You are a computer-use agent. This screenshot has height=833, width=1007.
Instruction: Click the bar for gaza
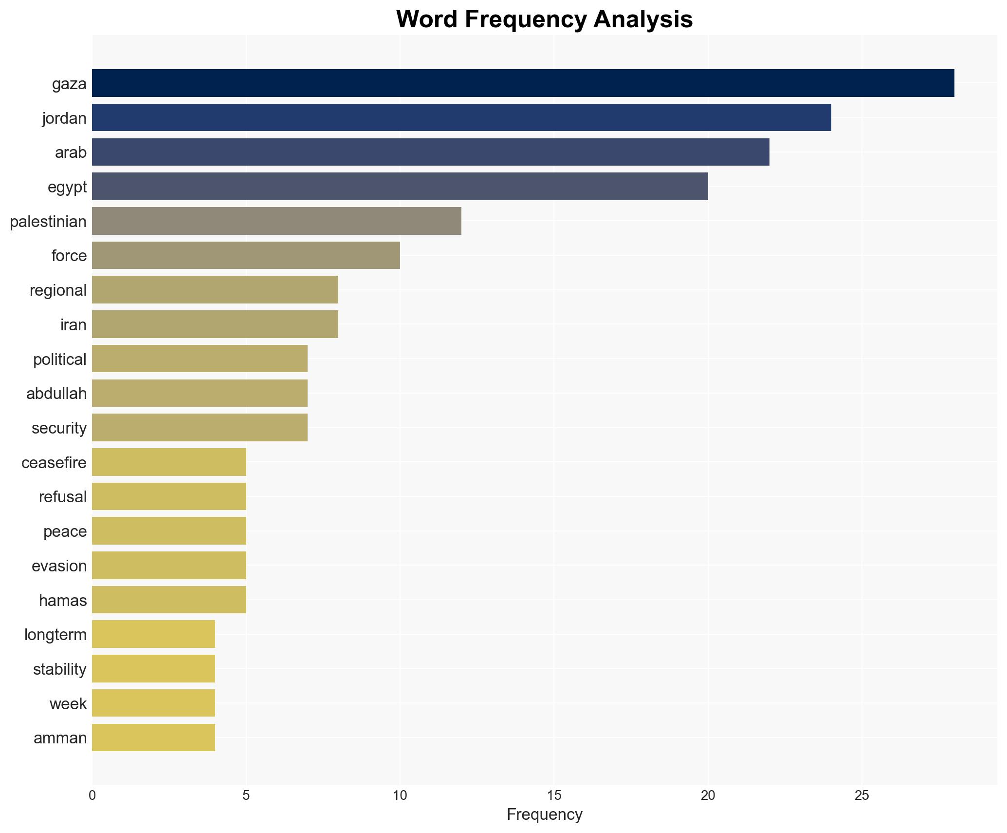pyautogui.click(x=523, y=83)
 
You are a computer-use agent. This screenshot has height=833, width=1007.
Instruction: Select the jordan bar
pyautogui.click(x=461, y=118)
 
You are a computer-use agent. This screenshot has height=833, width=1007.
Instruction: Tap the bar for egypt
pyautogui.click(x=400, y=187)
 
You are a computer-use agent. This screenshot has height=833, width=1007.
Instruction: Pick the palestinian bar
pyautogui.click(x=276, y=221)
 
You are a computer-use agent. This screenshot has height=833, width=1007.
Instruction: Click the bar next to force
pyautogui.click(x=246, y=255)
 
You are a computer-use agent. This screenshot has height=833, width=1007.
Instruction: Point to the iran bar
pyautogui.click(x=215, y=324)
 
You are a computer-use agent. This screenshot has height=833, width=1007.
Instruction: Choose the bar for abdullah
pyautogui.click(x=200, y=393)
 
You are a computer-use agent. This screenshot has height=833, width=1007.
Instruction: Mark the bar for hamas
pyautogui.click(x=169, y=600)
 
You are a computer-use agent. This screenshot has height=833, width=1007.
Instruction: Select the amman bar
pyautogui.click(x=153, y=738)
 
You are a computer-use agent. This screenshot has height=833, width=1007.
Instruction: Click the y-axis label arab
pyautogui.click(x=71, y=152)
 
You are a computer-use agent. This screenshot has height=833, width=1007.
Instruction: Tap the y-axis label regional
pyautogui.click(x=58, y=290)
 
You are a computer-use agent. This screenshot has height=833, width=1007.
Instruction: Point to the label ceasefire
pyautogui.click(x=54, y=462)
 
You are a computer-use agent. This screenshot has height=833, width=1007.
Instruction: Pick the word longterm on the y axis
pyautogui.click(x=55, y=634)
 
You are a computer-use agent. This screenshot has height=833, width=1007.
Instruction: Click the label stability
pyautogui.click(x=59, y=669)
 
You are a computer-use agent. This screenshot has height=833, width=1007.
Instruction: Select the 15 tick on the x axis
pyautogui.click(x=554, y=795)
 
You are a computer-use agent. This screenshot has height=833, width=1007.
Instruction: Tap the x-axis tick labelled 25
pyautogui.click(x=861, y=795)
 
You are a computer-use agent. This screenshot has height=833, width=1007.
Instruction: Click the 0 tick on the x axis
pyautogui.click(x=92, y=795)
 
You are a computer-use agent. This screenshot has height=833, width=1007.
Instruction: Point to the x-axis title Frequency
pyautogui.click(x=544, y=814)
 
